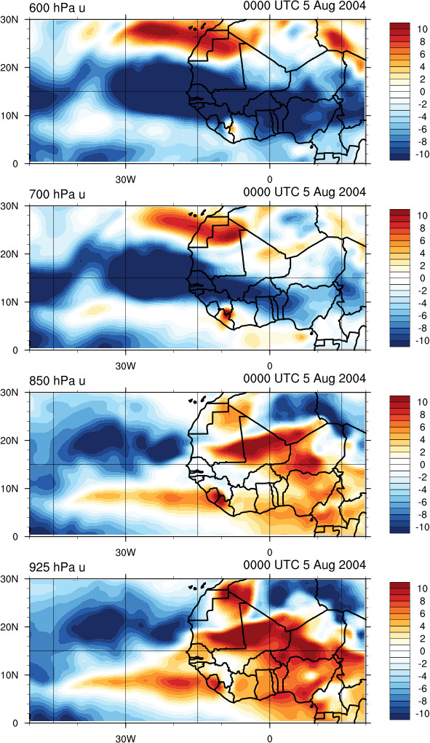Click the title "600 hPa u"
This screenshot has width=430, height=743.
click(x=57, y=7)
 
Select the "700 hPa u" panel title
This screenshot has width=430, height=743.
click(x=57, y=194)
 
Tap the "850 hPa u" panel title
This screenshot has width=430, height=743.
click(x=57, y=380)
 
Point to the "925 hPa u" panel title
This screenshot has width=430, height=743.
click(x=57, y=567)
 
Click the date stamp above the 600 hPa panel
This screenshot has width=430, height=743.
click(x=305, y=6)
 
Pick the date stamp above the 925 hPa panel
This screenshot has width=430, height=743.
click(x=305, y=565)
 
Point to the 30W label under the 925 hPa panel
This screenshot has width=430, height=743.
click(x=126, y=738)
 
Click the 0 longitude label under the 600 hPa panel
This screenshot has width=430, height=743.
click(x=270, y=179)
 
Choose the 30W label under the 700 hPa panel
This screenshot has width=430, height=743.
click(x=126, y=366)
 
